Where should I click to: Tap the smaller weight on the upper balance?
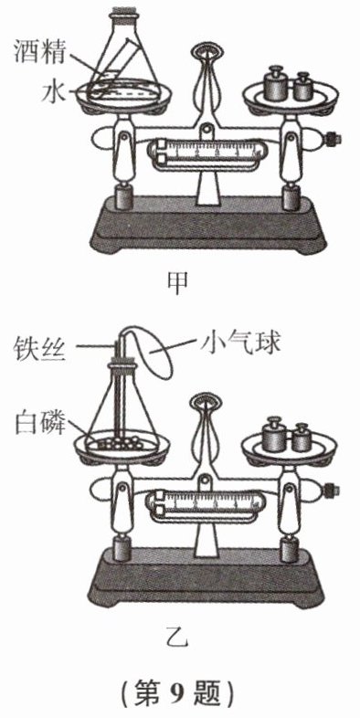pos(302,86)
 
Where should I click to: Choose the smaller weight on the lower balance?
pos(301,437)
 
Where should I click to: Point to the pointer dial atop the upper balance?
pos(207,49)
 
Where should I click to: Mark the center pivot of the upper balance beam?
pos(207,130)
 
